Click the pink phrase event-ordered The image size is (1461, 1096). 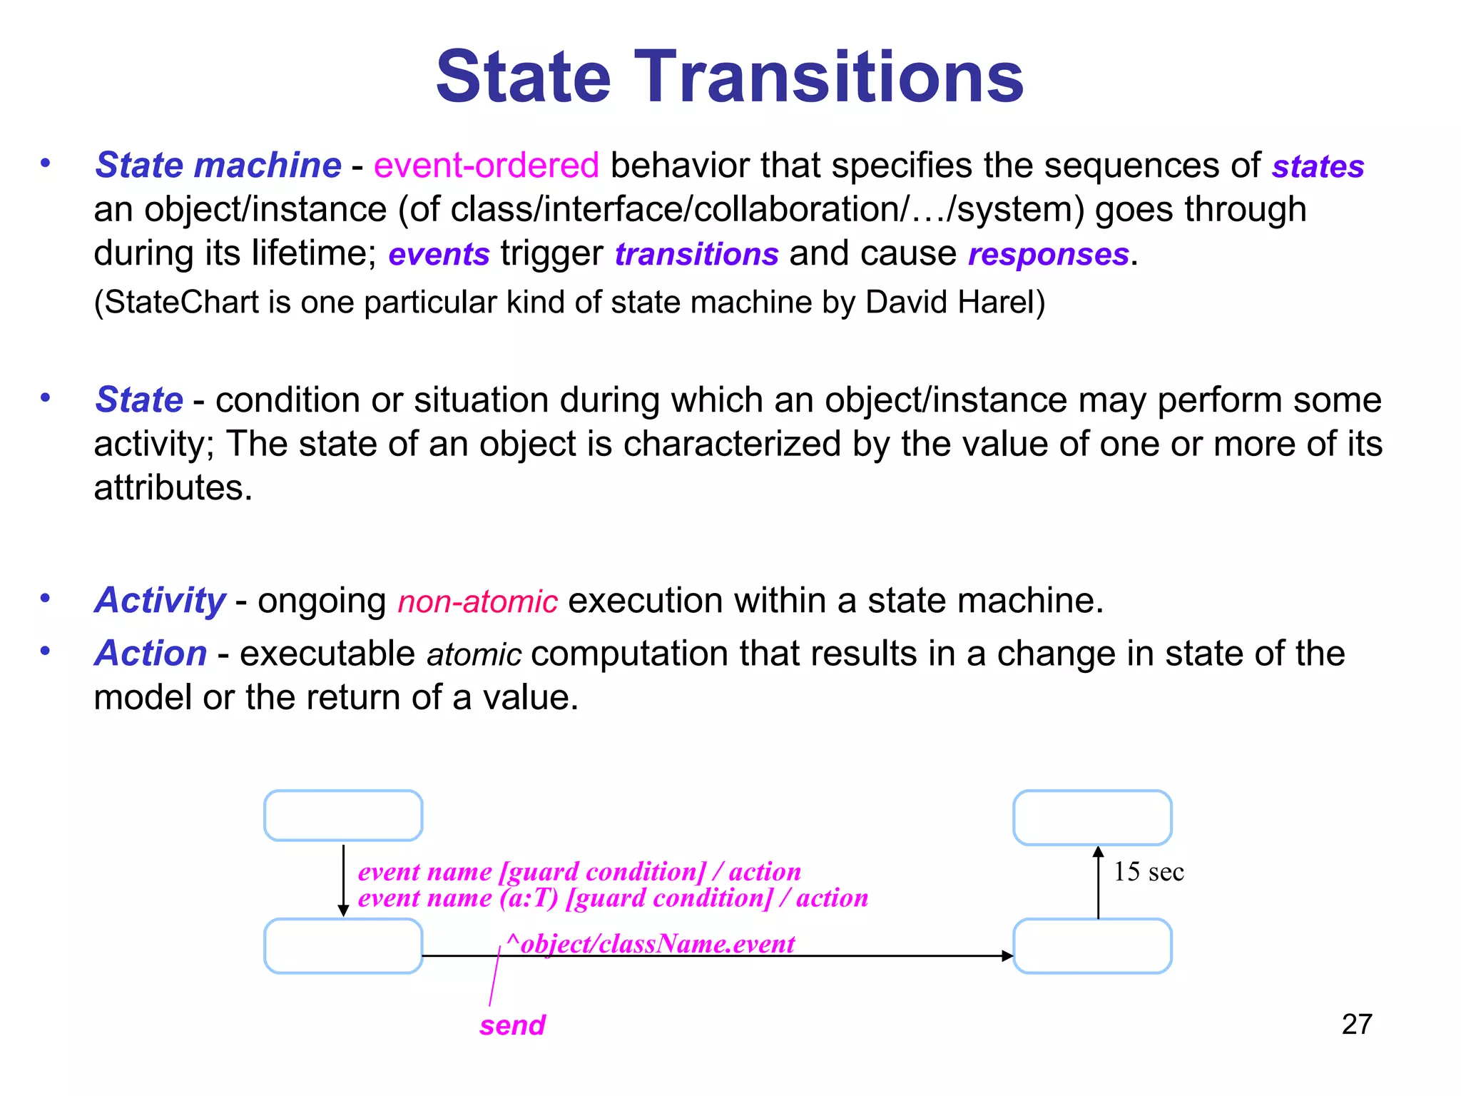pyautogui.click(x=486, y=166)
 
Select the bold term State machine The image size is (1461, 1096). pyautogui.click(x=218, y=166)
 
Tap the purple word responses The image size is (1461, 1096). pyautogui.click(x=1048, y=255)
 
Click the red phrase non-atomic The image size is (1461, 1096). pyautogui.click(x=477, y=602)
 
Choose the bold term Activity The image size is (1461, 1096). pyautogui.click(x=161, y=600)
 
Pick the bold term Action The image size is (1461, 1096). pyautogui.click(x=151, y=654)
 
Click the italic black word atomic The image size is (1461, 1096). pyautogui.click(x=474, y=655)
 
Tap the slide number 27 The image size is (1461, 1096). pyautogui.click(x=1356, y=1025)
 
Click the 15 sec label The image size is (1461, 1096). pyautogui.click(x=1148, y=872)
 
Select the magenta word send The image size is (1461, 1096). pyautogui.click(x=512, y=1025)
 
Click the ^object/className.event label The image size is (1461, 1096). pyautogui.click(x=650, y=944)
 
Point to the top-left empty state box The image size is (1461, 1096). pyautogui.click(x=343, y=816)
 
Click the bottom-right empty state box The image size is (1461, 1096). pyautogui.click(x=1092, y=946)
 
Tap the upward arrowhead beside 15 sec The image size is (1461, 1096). pyautogui.click(x=1099, y=852)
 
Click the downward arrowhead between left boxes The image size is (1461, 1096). pyautogui.click(x=343, y=911)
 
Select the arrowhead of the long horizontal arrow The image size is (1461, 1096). pyautogui.click(x=1007, y=956)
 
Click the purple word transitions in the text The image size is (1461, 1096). pyautogui.click(x=696, y=255)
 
